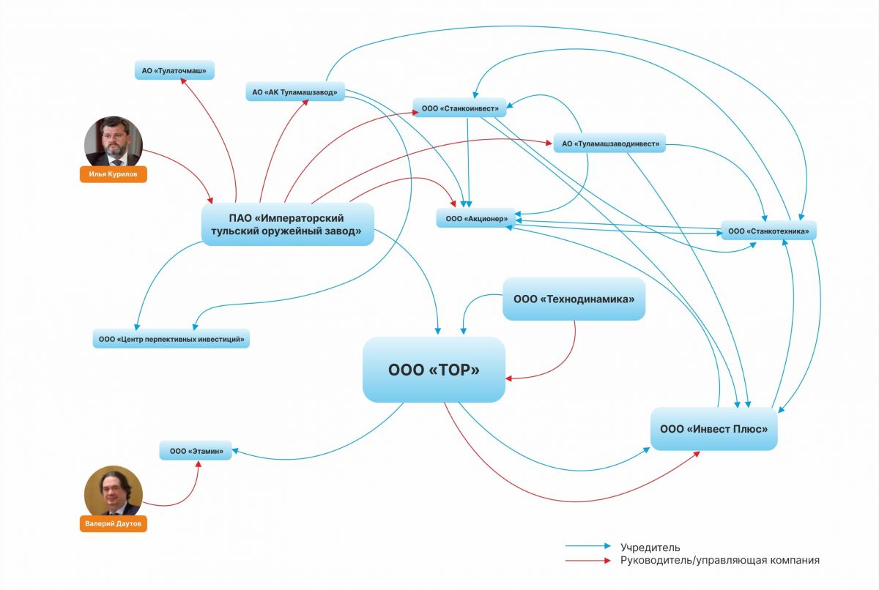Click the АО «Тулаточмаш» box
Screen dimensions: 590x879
[174, 71]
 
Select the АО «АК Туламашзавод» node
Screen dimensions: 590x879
[294, 92]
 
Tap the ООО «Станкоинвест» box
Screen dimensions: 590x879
[459, 108]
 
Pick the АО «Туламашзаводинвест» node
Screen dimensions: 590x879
[609, 144]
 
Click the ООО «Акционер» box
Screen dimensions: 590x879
[476, 218]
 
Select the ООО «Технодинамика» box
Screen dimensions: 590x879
[574, 299]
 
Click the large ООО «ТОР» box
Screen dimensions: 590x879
[434, 370]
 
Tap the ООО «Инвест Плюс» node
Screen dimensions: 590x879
[713, 428]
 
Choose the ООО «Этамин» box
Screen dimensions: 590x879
[196, 451]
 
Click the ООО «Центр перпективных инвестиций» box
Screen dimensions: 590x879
[171, 339]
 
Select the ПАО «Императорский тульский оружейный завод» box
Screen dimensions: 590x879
[287, 224]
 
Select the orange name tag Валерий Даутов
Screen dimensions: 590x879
[113, 524]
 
